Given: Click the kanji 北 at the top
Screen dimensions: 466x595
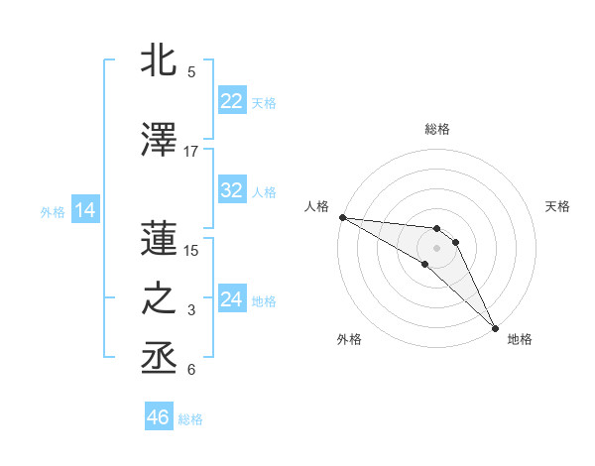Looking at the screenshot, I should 161,60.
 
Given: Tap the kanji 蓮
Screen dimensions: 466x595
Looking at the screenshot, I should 161,238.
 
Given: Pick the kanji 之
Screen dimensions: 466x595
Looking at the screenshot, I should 161,298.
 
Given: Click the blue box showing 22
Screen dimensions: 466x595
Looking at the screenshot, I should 231,101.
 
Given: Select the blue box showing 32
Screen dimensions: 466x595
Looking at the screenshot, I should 231,190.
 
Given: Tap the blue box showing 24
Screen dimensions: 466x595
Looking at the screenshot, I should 231,298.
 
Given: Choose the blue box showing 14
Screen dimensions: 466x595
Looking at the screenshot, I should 84,210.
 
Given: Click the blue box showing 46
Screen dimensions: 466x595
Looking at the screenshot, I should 158,417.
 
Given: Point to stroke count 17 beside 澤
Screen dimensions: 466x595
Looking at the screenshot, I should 191,152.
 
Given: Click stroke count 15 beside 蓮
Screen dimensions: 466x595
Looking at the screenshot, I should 191,250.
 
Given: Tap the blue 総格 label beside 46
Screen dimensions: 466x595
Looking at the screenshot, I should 190,419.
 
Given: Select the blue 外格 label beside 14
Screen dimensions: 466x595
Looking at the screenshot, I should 53,211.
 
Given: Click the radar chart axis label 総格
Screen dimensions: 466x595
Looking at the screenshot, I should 436,129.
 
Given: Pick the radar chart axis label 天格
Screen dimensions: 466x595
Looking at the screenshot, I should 558,206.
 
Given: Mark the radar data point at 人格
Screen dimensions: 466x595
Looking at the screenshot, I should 341,217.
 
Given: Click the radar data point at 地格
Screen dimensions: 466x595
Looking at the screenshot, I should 494,327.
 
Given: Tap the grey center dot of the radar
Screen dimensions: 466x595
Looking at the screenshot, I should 436,248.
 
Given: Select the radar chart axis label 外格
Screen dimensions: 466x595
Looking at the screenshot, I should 349,340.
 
